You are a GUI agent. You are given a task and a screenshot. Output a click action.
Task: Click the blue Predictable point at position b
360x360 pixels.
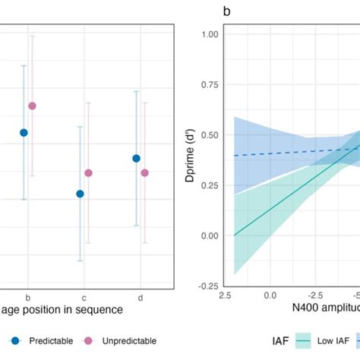tap(24, 132)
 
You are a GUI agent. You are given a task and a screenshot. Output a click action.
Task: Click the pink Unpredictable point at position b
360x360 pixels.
tap(32, 106)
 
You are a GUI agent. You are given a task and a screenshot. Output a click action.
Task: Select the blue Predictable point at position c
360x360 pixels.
tap(81, 194)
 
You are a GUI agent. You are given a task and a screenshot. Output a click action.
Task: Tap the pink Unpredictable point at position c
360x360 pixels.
tap(88, 173)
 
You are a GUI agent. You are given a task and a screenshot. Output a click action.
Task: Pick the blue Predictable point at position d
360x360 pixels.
tap(137, 158)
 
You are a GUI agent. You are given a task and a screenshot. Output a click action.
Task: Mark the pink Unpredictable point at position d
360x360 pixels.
tap(144, 173)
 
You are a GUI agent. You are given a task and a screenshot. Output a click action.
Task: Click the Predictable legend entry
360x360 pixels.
tap(50, 341)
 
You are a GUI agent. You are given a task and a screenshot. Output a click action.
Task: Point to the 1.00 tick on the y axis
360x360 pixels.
tap(209, 34)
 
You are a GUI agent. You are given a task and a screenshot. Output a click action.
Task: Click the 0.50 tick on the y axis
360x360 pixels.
tap(209, 135)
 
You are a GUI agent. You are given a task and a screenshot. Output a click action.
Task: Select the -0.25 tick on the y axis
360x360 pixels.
tap(207, 286)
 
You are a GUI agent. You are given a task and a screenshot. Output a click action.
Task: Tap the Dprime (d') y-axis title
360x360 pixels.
tap(191, 159)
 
